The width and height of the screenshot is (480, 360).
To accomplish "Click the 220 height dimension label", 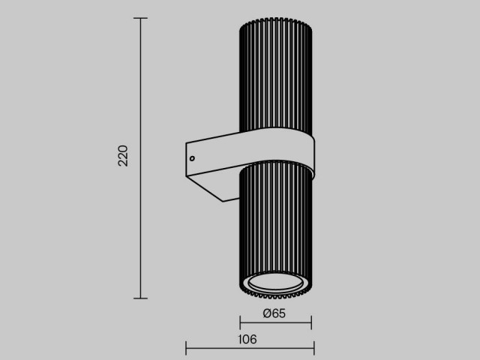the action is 123,156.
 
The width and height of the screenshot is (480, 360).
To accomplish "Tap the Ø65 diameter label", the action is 274,313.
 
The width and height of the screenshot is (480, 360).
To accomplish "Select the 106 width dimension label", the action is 247,339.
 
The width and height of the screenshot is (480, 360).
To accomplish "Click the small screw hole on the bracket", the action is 192,158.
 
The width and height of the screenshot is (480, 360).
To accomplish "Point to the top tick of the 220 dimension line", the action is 140,18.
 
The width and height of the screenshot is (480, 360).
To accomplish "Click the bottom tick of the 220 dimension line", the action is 140,298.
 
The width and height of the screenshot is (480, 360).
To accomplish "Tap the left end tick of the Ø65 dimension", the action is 240,322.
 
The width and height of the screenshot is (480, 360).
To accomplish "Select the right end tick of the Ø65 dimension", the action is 311,322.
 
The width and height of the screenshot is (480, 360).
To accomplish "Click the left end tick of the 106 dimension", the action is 186,348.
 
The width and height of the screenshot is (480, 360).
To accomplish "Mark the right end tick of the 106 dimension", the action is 314,348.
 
